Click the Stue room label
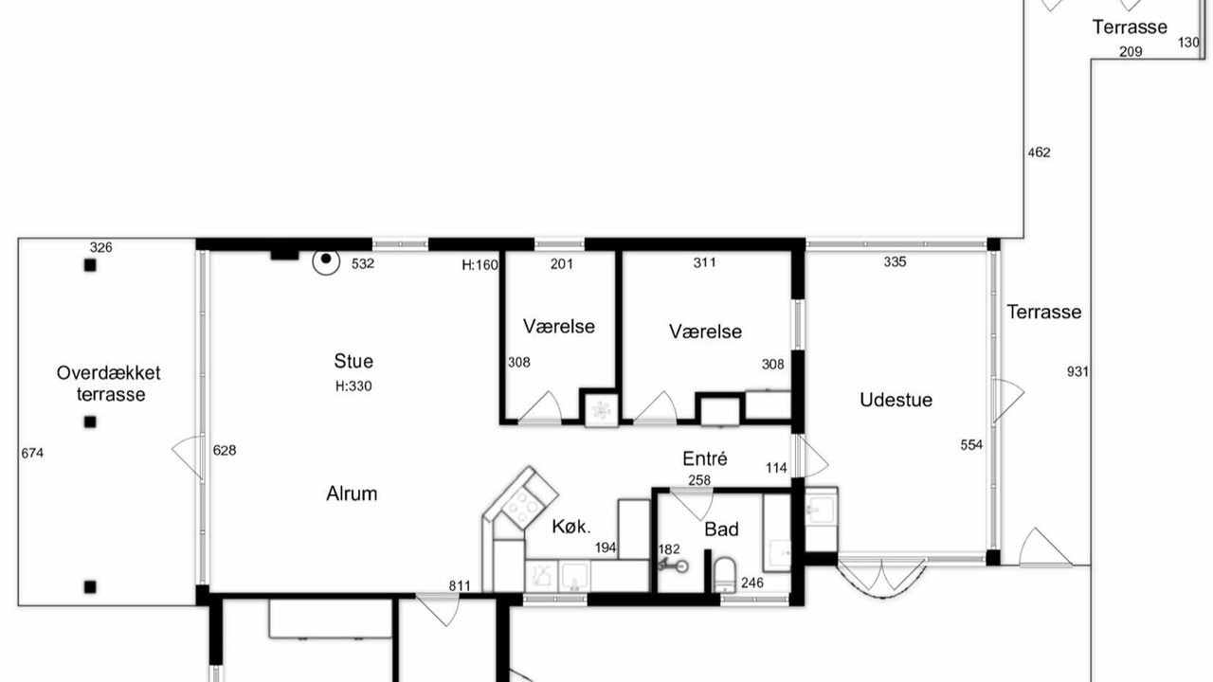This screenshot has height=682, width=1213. click(x=353, y=361)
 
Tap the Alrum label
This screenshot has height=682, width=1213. click(x=352, y=494)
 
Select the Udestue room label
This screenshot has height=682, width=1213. click(x=896, y=400)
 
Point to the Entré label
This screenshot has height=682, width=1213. click(x=704, y=458)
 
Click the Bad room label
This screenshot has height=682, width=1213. click(x=721, y=529)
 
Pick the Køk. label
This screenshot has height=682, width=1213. click(x=571, y=526)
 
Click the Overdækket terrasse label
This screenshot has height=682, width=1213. click(x=109, y=384)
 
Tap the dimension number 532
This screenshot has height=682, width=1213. click(x=363, y=263)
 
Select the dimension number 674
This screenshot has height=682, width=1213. click(x=32, y=453)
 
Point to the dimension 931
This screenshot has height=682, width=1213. click(x=1077, y=372)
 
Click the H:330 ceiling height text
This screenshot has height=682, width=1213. click(x=353, y=386)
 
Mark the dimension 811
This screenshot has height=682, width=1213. click(x=460, y=585)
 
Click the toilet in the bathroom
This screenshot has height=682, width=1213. click(x=725, y=575)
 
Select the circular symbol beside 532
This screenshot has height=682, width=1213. click(x=326, y=261)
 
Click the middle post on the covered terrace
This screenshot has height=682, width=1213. click(x=90, y=422)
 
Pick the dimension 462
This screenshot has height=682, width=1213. click(x=1040, y=153)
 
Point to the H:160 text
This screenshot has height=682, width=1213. click(x=480, y=265)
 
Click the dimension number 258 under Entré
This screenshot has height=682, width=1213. click(x=699, y=480)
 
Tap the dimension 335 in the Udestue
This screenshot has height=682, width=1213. click(x=896, y=262)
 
